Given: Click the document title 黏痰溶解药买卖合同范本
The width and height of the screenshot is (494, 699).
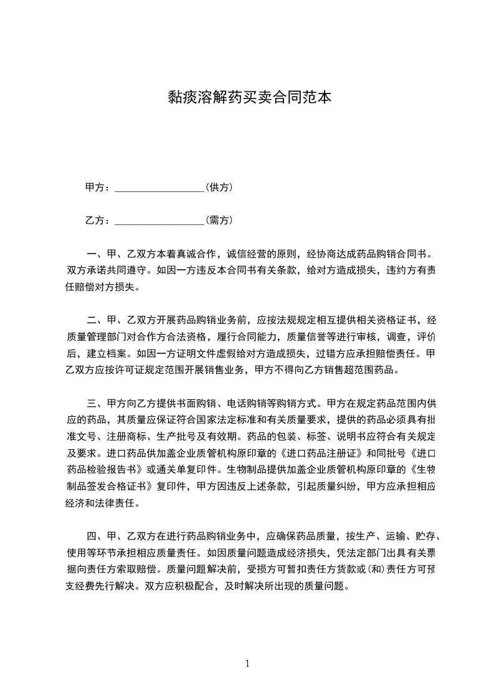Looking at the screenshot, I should tap(247, 97).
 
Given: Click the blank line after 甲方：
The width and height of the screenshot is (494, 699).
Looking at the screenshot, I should tap(160, 188).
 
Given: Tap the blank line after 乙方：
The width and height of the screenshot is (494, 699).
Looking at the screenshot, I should tap(160, 220).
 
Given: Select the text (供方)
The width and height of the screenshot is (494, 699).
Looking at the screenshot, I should tap(219, 187).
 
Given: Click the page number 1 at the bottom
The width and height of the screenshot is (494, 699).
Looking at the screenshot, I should tap(247, 663).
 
